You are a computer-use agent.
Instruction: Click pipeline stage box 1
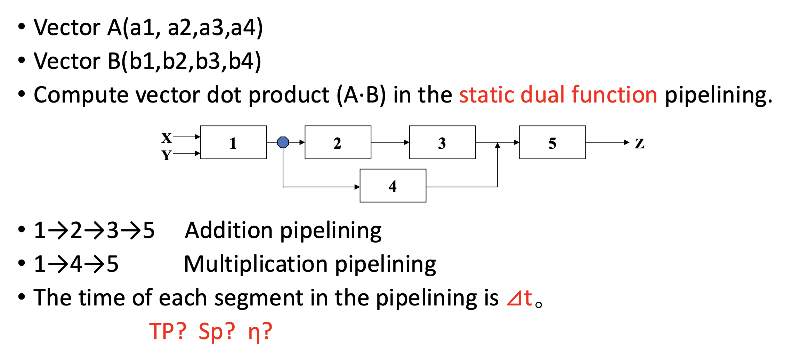coord(233,142)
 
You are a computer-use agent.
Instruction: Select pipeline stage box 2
coord(338,142)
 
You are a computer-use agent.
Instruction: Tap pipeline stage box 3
coord(442,142)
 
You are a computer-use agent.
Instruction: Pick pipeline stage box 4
coord(393,186)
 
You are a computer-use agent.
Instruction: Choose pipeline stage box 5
coord(552,142)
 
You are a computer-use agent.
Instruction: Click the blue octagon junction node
coord(283,142)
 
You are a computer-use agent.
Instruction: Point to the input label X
coord(167,138)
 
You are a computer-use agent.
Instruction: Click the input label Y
coord(167,155)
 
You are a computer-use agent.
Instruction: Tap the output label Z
coord(640,143)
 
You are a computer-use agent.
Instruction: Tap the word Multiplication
coord(256,264)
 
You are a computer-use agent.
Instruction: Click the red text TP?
coord(168,331)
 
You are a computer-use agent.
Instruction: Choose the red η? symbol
coord(260,332)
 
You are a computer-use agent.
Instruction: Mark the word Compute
coord(81,95)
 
